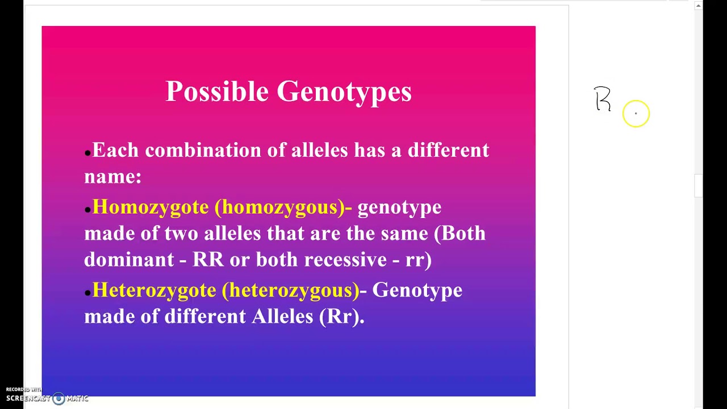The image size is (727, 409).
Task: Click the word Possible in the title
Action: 216,91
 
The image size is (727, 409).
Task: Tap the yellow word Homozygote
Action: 151,207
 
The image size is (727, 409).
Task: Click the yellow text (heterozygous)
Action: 290,290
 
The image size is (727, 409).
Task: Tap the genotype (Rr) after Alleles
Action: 341,316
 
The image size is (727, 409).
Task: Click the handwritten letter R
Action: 603,99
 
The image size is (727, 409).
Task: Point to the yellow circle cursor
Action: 636,114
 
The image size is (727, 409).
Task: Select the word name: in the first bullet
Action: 112,177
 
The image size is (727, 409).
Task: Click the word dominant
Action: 128,260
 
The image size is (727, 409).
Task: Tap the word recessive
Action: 345,260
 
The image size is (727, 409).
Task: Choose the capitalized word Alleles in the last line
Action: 282,316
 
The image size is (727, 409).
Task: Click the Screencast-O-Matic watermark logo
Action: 58,398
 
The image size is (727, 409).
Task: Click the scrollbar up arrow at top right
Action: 699,6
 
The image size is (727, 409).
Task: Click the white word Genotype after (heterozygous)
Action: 417,290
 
